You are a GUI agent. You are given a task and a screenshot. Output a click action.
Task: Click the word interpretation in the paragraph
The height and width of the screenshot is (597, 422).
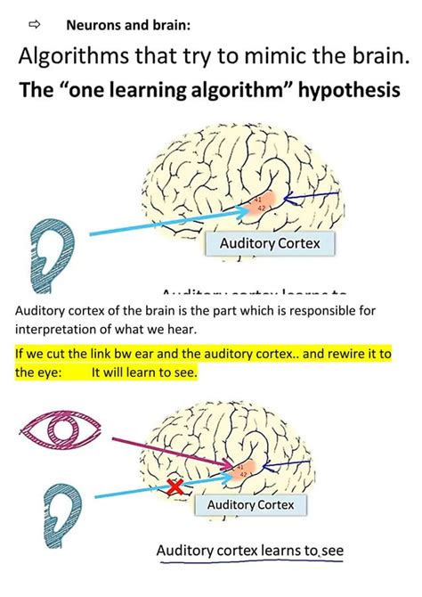pos(58,329)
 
